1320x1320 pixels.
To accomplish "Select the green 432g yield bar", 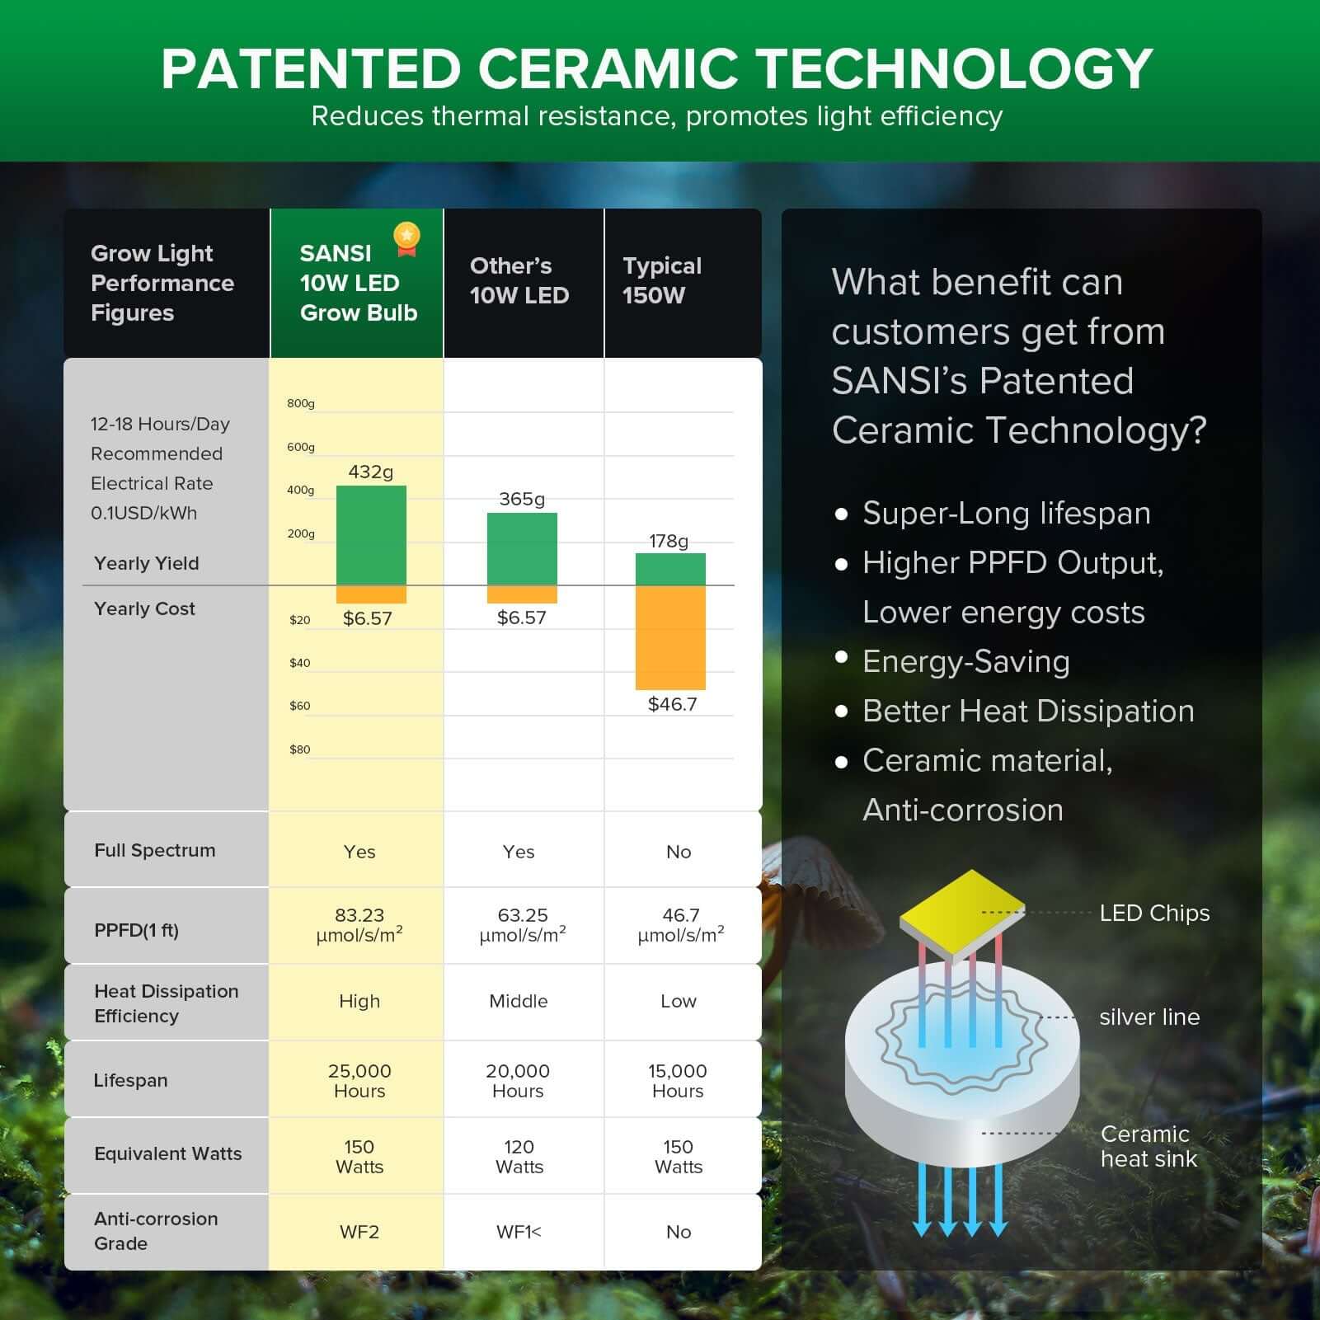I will click(x=371, y=535).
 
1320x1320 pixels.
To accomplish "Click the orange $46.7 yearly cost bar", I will click(x=670, y=637).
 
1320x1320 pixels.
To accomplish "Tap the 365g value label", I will click(x=522, y=499).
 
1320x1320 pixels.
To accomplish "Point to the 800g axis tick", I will click(x=301, y=403).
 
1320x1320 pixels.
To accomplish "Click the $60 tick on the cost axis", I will click(x=300, y=706).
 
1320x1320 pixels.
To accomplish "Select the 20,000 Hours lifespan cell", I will click(x=518, y=1080).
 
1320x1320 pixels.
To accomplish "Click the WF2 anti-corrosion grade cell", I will click(x=359, y=1232).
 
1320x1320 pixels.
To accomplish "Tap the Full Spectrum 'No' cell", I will click(x=679, y=852).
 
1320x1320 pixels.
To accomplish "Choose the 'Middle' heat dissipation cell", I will click(x=518, y=1001).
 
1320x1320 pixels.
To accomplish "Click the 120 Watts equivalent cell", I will click(x=519, y=1157).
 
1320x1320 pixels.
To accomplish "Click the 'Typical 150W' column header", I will click(x=662, y=280).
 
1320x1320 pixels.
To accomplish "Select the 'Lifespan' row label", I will click(x=130, y=1080).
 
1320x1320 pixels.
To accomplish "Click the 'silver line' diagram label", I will click(x=1149, y=1017).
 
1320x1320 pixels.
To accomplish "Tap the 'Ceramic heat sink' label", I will click(x=1148, y=1146).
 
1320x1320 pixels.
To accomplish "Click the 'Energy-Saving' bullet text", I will click(x=965, y=661).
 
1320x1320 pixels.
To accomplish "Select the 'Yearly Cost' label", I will click(x=144, y=608).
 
